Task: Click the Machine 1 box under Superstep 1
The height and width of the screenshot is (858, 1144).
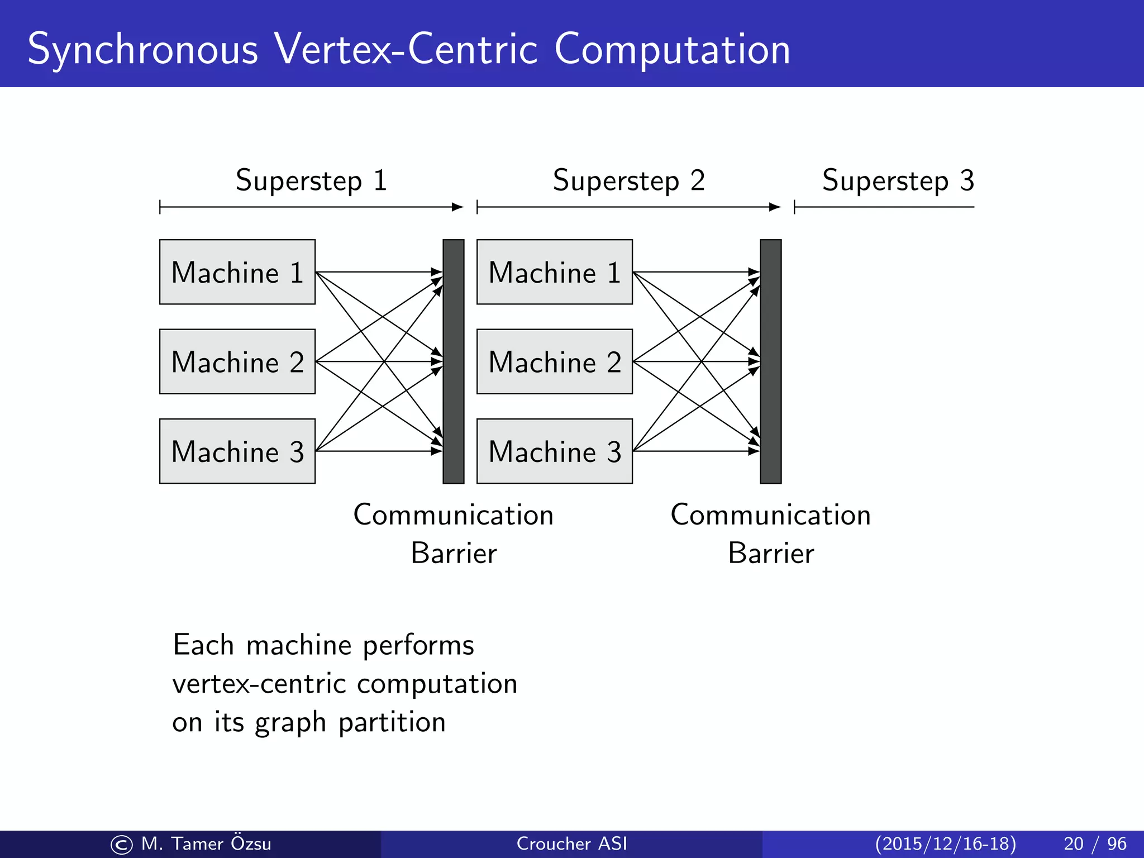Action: tap(237, 272)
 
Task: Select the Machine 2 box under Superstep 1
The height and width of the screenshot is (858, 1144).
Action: tap(237, 361)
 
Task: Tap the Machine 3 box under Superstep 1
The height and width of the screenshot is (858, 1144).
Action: tap(237, 451)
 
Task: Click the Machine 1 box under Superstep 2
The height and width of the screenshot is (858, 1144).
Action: tap(554, 272)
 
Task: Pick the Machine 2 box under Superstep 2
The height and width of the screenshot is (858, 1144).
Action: tap(554, 361)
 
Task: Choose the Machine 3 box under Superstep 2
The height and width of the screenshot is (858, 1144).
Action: tap(554, 451)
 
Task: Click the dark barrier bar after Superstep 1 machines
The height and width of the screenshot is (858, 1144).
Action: tap(453, 361)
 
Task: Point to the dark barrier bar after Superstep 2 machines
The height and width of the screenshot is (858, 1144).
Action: tap(770, 361)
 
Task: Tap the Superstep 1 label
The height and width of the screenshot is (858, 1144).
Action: tap(311, 181)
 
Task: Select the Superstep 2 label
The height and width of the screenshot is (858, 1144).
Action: tap(628, 181)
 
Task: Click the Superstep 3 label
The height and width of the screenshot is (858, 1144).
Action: tap(898, 181)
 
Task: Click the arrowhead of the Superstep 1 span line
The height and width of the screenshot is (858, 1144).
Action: tap(458, 207)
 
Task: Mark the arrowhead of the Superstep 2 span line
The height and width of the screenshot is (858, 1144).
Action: tap(775, 207)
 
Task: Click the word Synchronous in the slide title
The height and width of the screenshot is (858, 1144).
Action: tap(143, 50)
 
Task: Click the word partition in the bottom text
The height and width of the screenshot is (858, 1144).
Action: tap(392, 722)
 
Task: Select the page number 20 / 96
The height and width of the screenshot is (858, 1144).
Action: tap(1095, 843)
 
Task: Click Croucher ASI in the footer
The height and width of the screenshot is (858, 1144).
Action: tap(571, 843)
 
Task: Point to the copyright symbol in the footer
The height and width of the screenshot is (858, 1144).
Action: tap(122, 845)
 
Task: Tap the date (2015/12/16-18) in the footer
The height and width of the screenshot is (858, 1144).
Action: tap(945, 843)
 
